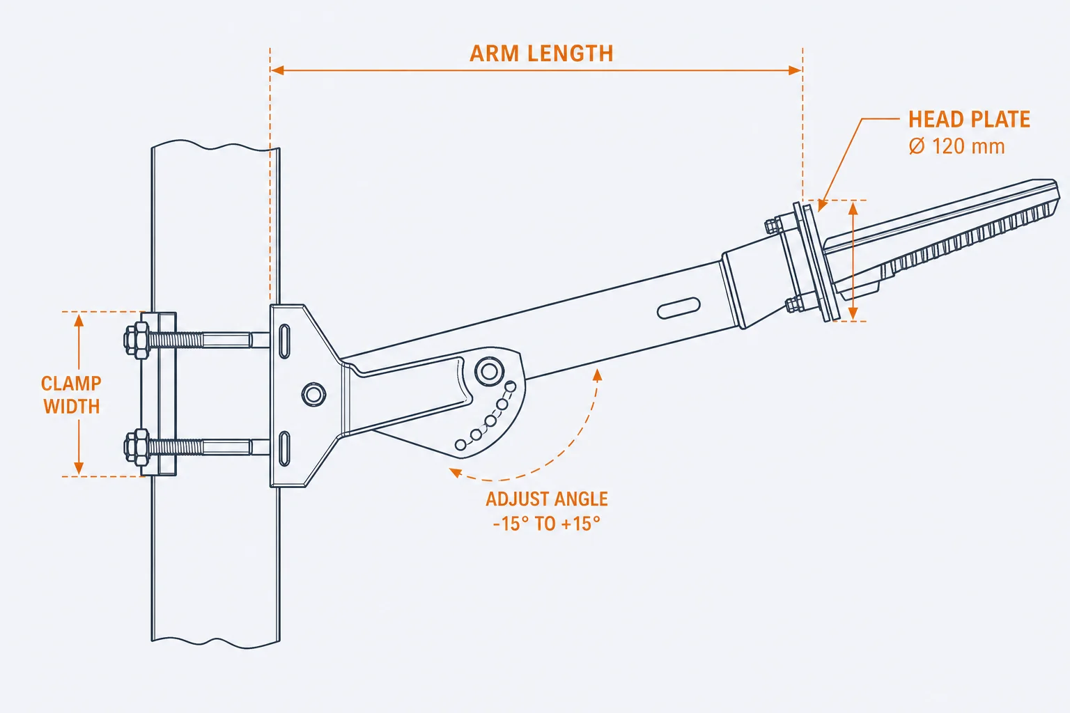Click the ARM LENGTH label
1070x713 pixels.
(x=541, y=54)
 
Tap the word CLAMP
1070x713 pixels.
(x=71, y=384)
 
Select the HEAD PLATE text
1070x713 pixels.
(x=969, y=119)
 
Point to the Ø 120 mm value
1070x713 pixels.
(x=956, y=146)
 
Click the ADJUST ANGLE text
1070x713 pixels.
(x=547, y=499)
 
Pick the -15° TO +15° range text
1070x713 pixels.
(x=546, y=524)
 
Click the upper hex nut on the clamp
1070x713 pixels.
(x=137, y=340)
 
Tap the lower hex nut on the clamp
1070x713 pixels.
(x=137, y=447)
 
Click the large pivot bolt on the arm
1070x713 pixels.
(x=489, y=371)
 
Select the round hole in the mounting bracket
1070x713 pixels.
(x=314, y=395)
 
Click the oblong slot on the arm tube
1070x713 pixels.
(x=679, y=308)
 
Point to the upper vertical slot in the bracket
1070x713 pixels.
(x=284, y=341)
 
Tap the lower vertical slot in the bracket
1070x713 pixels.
(x=284, y=448)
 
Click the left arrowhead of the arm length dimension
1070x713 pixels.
(x=277, y=71)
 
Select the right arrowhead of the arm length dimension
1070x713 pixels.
(x=796, y=71)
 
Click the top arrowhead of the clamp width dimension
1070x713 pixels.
(x=79, y=320)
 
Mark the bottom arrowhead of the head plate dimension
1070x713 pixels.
(x=853, y=313)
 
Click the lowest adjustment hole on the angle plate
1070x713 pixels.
(x=460, y=445)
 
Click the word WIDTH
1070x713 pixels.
(x=72, y=407)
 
